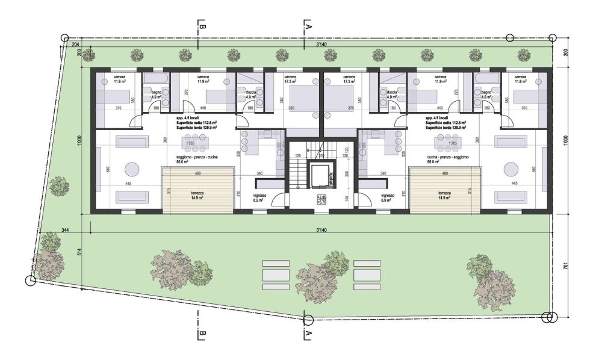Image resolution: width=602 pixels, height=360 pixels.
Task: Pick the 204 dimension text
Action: coord(75,45)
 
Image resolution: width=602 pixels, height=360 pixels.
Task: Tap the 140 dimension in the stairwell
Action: coord(346,197)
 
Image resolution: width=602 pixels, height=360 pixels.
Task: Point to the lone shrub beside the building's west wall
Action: coord(59,186)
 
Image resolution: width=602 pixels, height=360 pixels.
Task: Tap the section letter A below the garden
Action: coord(308,333)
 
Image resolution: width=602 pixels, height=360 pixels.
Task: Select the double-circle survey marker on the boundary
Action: coord(547,317)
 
